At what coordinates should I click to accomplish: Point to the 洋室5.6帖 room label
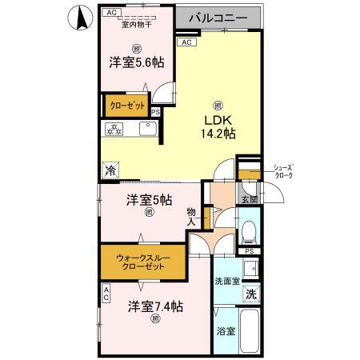(x=136, y=62)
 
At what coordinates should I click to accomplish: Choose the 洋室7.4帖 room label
(x=156, y=306)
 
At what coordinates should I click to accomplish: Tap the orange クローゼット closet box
(x=126, y=105)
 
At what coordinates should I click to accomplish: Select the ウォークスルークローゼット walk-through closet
(x=141, y=262)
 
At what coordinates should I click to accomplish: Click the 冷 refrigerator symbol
(x=110, y=170)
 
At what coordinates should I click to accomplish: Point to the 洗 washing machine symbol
(x=252, y=294)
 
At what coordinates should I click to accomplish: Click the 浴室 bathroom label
(x=225, y=330)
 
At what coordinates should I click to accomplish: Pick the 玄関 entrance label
(x=248, y=199)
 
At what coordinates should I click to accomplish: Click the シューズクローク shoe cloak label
(x=283, y=172)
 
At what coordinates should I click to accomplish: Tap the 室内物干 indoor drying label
(x=138, y=25)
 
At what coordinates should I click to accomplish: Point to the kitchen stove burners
(x=114, y=128)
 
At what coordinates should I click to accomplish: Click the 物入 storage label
(x=192, y=218)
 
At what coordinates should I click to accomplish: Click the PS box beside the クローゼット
(x=155, y=112)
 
